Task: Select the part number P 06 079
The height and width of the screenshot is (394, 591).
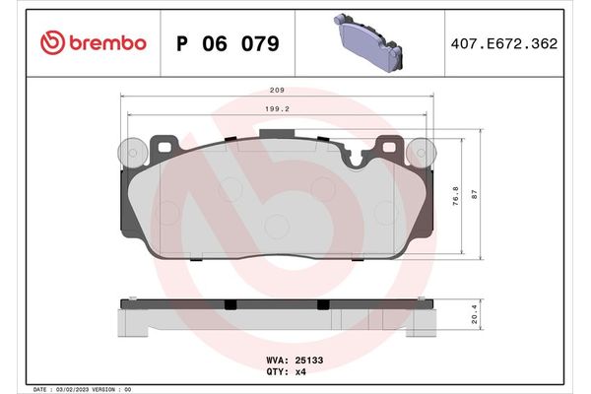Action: (x=227, y=43)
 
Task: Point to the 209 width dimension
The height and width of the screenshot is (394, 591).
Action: (x=278, y=87)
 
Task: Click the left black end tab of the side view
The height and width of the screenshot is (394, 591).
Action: (x=127, y=301)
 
